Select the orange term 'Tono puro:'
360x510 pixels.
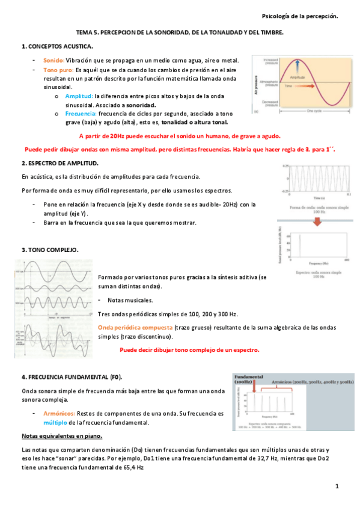58,70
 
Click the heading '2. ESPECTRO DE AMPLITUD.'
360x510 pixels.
61,163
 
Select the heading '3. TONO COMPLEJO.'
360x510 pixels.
50,250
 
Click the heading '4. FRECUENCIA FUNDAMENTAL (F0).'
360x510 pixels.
72,376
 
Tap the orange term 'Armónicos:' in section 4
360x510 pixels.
59,414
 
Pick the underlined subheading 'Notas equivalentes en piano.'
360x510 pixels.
62,435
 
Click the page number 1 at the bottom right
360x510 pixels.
338,486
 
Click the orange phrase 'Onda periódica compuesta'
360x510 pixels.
135,327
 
